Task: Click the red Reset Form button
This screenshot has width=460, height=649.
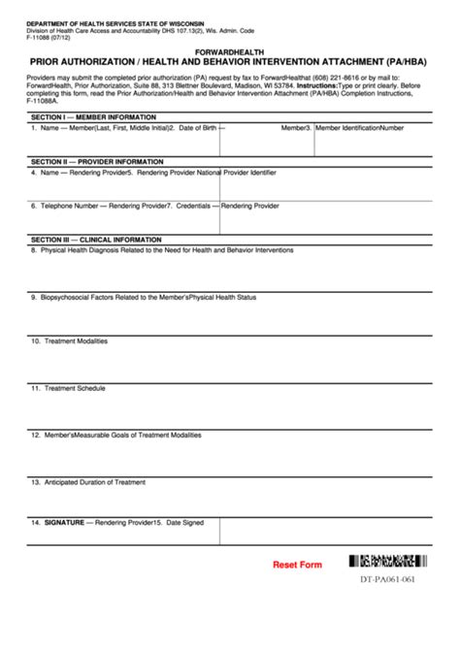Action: click(296, 564)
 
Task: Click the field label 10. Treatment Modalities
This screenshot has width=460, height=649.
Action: click(69, 341)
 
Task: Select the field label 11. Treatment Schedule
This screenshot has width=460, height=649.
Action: click(67, 388)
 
